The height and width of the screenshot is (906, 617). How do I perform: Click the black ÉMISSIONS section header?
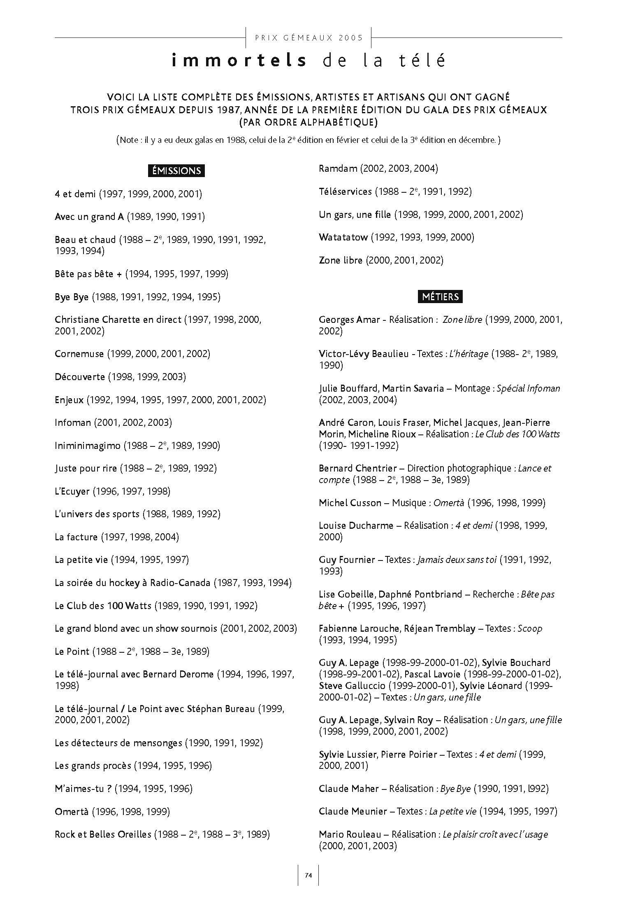coord(176,170)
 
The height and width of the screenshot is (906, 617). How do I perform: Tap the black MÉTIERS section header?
coord(440,297)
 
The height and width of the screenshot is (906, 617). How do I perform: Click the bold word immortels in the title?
coord(239,61)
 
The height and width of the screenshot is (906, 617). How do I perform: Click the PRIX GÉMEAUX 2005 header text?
coord(309,38)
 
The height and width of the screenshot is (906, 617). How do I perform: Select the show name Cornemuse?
coord(79,354)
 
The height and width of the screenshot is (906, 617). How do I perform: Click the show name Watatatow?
coord(343,237)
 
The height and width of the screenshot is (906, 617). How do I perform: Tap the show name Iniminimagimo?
coord(88,446)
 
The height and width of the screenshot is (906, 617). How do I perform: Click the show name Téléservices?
coord(345,191)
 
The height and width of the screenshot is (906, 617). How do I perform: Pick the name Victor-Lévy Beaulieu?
coord(364,354)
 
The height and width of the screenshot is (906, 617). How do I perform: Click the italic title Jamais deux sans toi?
coord(457,560)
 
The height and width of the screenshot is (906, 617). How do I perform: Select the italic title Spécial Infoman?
coord(528,388)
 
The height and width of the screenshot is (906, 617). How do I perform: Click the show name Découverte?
coord(80,377)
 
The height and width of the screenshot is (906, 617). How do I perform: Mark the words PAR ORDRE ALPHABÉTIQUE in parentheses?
coord(308,122)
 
